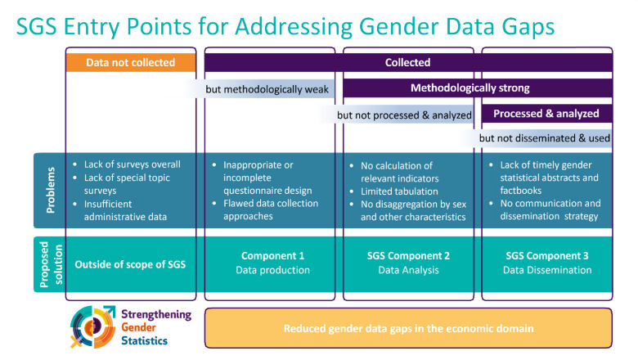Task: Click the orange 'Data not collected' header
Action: pyautogui.click(x=131, y=62)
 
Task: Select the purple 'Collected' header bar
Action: pyautogui.click(x=407, y=62)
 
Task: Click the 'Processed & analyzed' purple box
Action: pyautogui.click(x=546, y=114)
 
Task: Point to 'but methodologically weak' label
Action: pyautogui.click(x=263, y=88)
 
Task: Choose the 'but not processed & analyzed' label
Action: pyautogui.click(x=404, y=115)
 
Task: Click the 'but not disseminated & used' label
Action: pyautogui.click(x=544, y=138)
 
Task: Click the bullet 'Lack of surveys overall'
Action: pyautogui.click(x=132, y=164)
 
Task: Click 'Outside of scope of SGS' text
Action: pyautogui.click(x=131, y=263)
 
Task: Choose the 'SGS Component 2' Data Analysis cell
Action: pyautogui.click(x=408, y=263)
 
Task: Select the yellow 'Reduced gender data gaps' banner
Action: pyautogui.click(x=408, y=329)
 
